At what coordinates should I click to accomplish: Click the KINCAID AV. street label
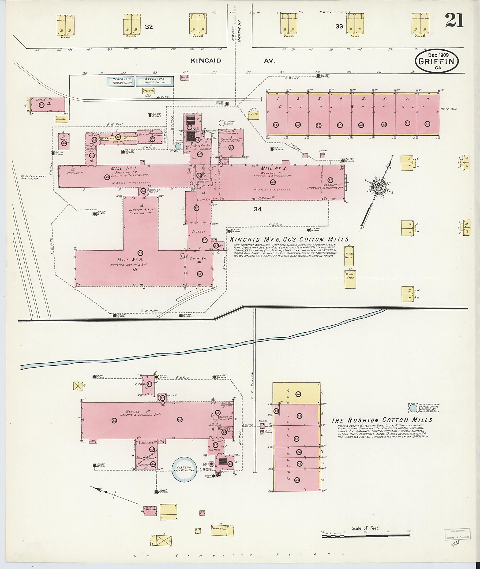(233, 61)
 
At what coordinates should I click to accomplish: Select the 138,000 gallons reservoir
(154, 81)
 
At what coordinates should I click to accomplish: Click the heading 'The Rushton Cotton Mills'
(382, 420)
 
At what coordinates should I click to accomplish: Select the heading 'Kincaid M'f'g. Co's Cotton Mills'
(289, 239)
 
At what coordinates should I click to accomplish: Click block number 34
(258, 209)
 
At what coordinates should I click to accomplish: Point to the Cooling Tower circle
(222, 123)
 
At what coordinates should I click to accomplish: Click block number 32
(149, 27)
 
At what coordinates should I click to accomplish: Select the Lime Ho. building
(253, 114)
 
